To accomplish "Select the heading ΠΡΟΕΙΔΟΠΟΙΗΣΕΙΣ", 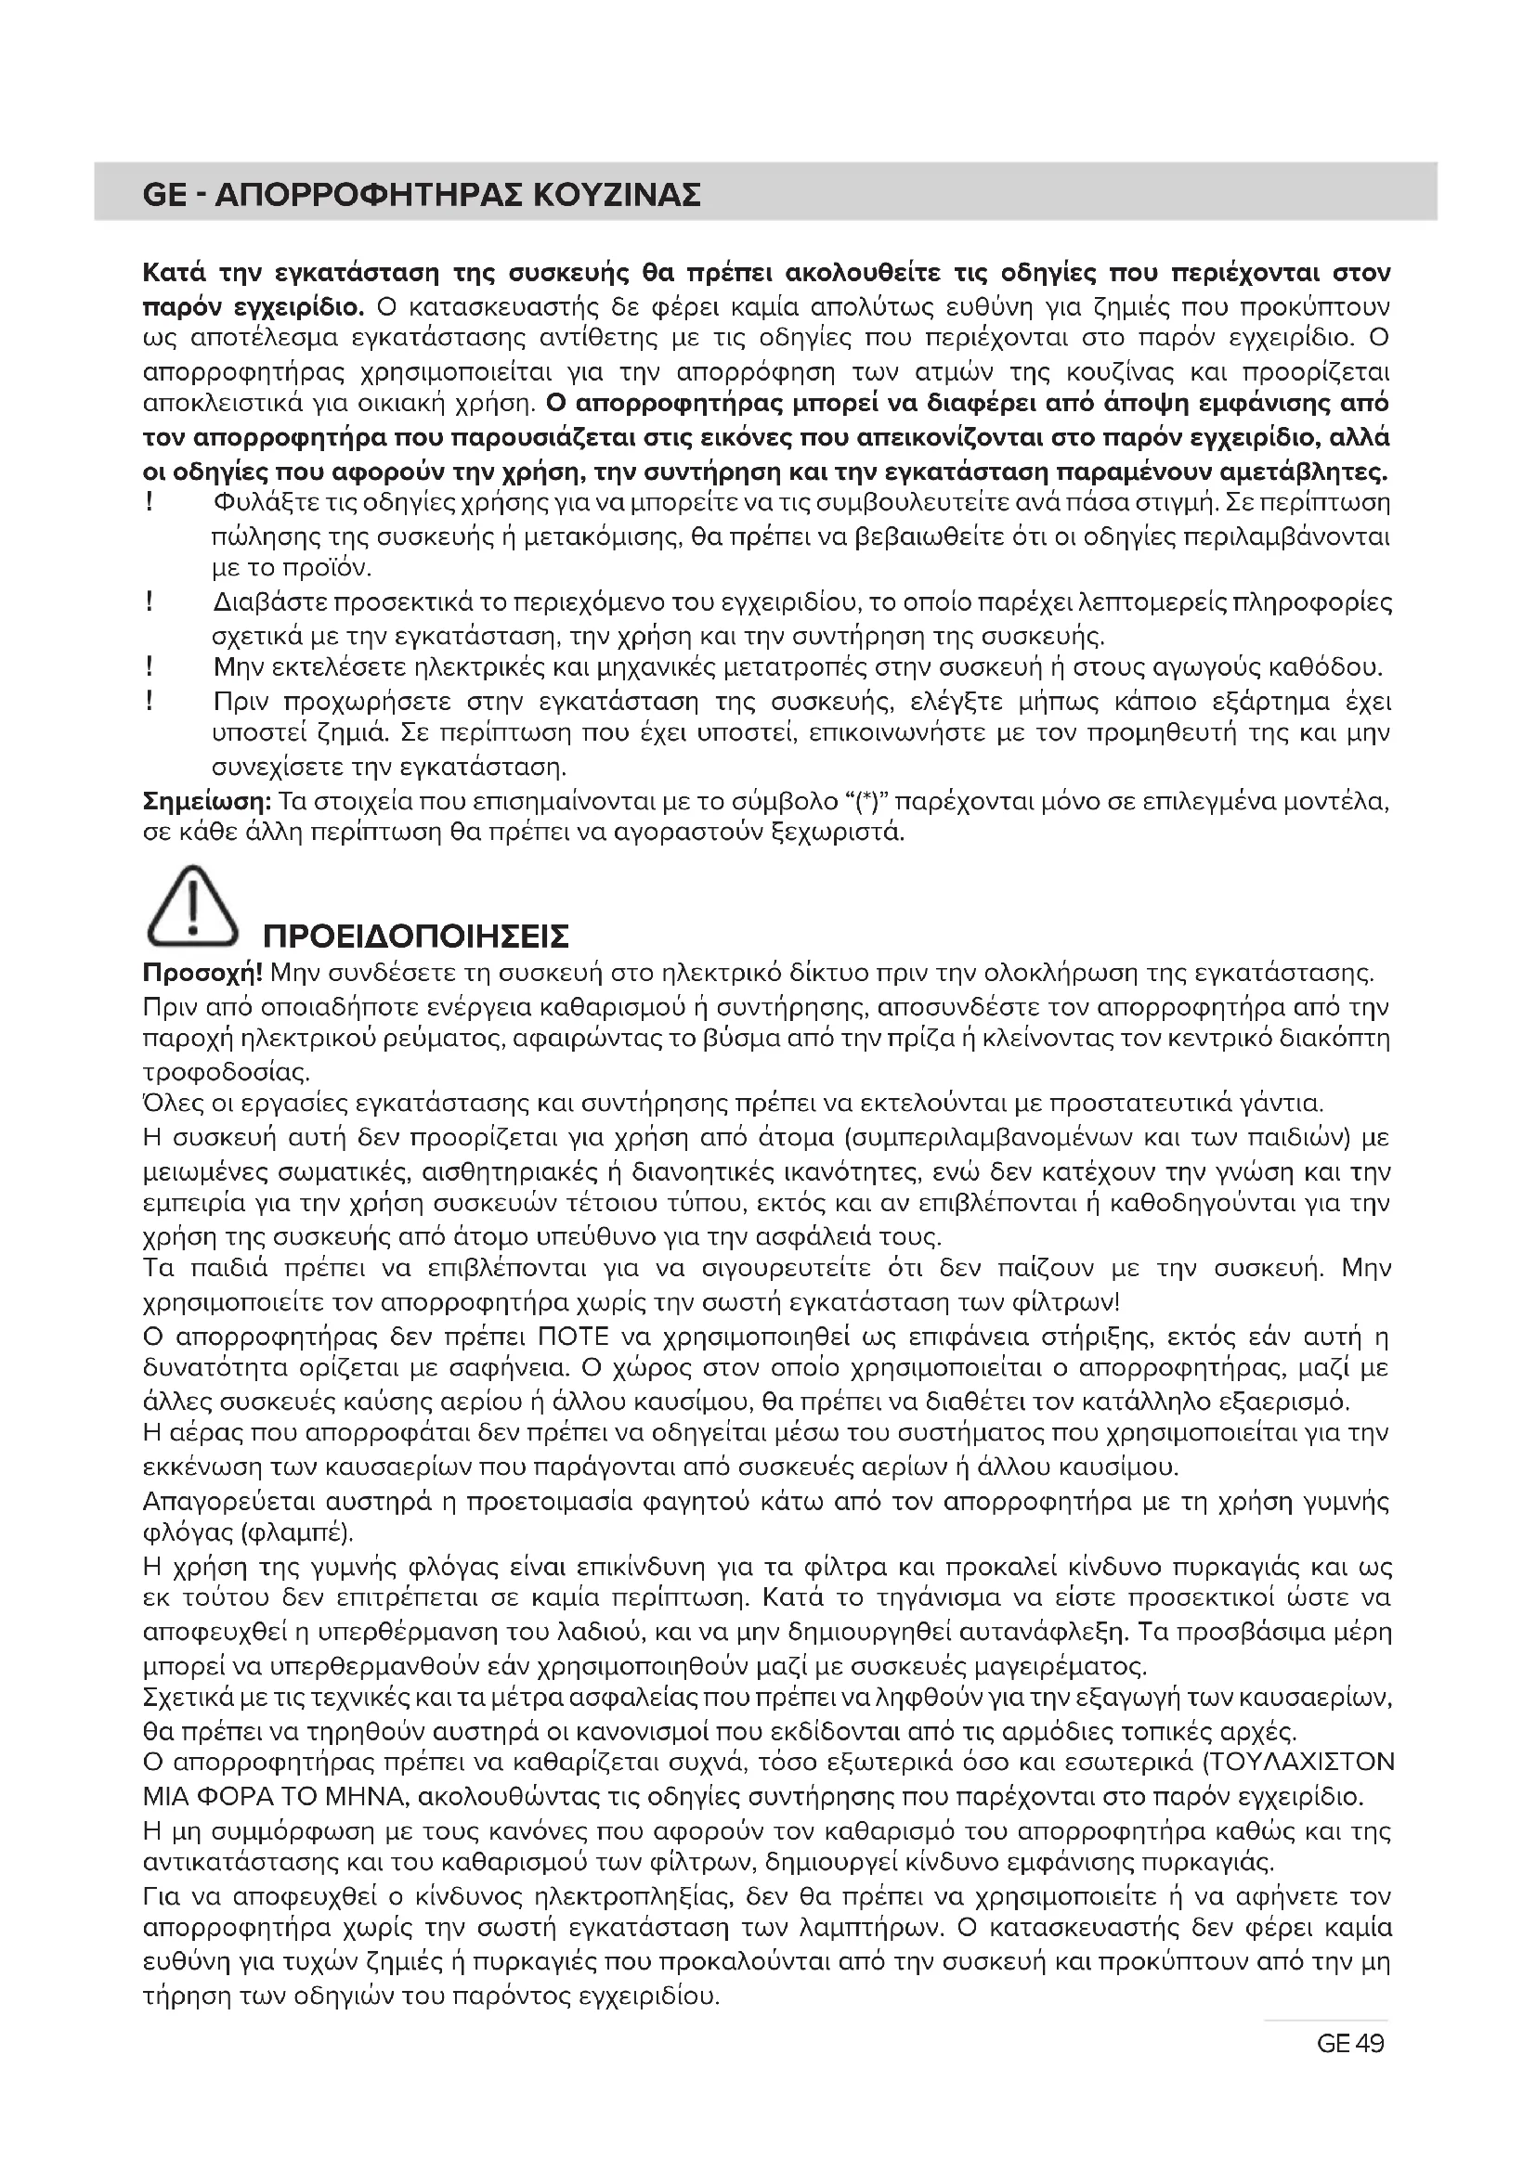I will pyautogui.click(x=415, y=937).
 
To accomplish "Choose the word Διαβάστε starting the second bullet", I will pyautogui.click(x=270, y=602).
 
